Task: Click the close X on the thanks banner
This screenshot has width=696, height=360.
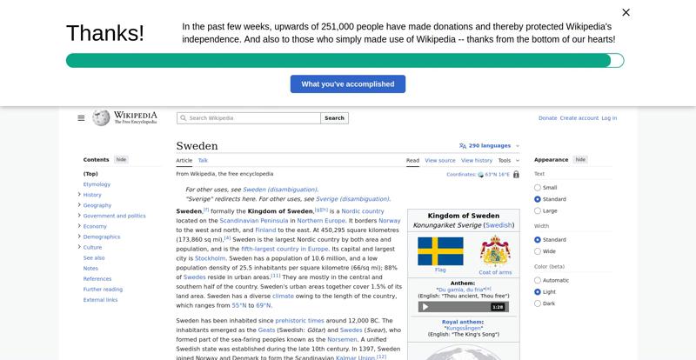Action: (x=626, y=12)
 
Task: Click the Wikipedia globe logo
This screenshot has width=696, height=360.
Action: (x=101, y=117)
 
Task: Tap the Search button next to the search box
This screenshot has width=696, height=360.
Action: (x=334, y=118)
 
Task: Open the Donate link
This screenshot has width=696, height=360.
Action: (x=547, y=118)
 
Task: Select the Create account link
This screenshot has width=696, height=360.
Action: (x=579, y=118)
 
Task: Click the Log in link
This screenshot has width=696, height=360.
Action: (x=609, y=118)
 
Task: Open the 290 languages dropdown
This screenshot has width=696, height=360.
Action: (x=490, y=146)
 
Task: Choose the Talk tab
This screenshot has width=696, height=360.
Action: (x=203, y=160)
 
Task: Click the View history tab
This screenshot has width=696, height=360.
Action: (x=477, y=160)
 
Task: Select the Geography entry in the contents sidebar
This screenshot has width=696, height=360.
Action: (x=97, y=205)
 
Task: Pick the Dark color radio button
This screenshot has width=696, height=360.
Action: (x=538, y=303)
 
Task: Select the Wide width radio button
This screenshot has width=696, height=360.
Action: (x=538, y=251)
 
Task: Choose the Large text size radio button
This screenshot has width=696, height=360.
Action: (x=538, y=210)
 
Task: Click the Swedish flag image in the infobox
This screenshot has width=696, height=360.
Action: (x=440, y=251)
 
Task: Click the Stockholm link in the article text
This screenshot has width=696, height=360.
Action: (x=211, y=258)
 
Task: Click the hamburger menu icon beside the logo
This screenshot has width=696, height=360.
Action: (x=81, y=118)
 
